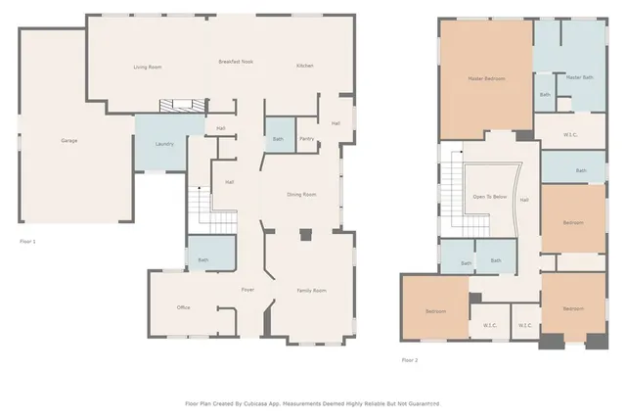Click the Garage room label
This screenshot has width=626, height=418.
click(x=69, y=141)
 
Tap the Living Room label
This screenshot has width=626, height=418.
click(x=147, y=67)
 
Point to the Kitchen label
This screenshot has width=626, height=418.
click(x=305, y=66)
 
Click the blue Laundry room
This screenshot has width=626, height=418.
click(x=164, y=144)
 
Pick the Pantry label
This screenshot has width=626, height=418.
click(x=306, y=139)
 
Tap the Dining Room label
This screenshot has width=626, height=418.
click(x=301, y=195)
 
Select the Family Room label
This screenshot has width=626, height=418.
click(x=311, y=291)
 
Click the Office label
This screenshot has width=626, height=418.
click(x=183, y=308)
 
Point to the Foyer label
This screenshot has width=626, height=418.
click(x=248, y=291)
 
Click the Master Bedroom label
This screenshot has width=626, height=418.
click(x=486, y=78)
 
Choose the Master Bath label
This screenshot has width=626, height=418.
click(x=580, y=77)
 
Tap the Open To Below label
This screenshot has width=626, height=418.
click(x=489, y=197)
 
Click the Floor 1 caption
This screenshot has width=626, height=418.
click(x=27, y=240)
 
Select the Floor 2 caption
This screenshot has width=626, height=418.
click(x=409, y=360)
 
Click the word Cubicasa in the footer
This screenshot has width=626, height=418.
click(x=265, y=402)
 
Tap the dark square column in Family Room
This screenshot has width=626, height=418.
click(x=306, y=235)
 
